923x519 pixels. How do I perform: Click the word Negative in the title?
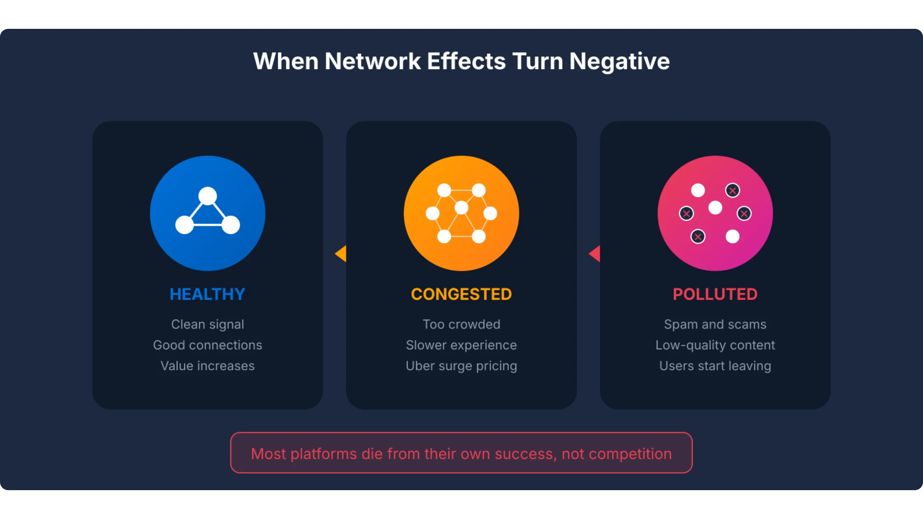point(619,61)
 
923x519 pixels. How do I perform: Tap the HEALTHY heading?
point(207,294)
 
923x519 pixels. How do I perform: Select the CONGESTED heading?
point(461,294)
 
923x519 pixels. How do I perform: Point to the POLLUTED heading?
point(715,294)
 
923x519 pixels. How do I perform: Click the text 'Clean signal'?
point(207,324)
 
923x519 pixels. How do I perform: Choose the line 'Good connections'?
point(207,345)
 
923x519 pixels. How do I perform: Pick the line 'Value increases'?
point(207,366)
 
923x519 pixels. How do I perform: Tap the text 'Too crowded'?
point(461,324)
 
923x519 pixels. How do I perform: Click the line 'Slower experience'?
point(461,345)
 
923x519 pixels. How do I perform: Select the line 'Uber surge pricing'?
point(461,366)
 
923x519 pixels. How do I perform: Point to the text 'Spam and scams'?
point(715,324)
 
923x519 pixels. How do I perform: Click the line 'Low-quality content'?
point(715,345)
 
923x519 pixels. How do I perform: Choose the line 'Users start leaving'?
point(715,366)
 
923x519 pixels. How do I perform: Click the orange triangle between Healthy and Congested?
point(342,254)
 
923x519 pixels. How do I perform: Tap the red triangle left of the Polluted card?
point(595,254)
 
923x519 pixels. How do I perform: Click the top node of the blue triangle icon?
point(207,196)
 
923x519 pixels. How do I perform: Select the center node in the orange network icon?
point(461,208)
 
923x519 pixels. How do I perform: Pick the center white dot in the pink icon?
point(715,208)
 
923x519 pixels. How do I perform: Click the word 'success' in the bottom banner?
point(525,454)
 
